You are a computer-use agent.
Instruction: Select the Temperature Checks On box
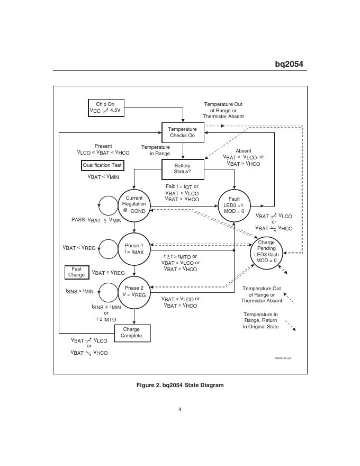tap(182, 132)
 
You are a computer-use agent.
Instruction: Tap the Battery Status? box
tap(182, 168)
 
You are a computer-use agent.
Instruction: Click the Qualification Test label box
tap(102, 165)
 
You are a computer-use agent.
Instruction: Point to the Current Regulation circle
tap(134, 204)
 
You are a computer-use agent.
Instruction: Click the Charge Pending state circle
tap(266, 251)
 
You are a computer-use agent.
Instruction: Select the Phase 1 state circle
tap(134, 248)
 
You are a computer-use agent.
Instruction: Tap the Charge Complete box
tap(131, 333)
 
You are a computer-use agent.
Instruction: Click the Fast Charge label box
tap(76, 272)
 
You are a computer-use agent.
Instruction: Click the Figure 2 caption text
tap(180, 385)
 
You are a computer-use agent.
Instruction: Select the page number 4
tap(180, 409)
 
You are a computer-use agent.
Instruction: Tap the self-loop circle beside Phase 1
tap(108, 248)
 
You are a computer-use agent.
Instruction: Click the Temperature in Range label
tap(156, 150)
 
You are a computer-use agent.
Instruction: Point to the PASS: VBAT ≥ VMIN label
tap(96, 220)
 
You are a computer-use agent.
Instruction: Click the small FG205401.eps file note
tap(283, 359)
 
